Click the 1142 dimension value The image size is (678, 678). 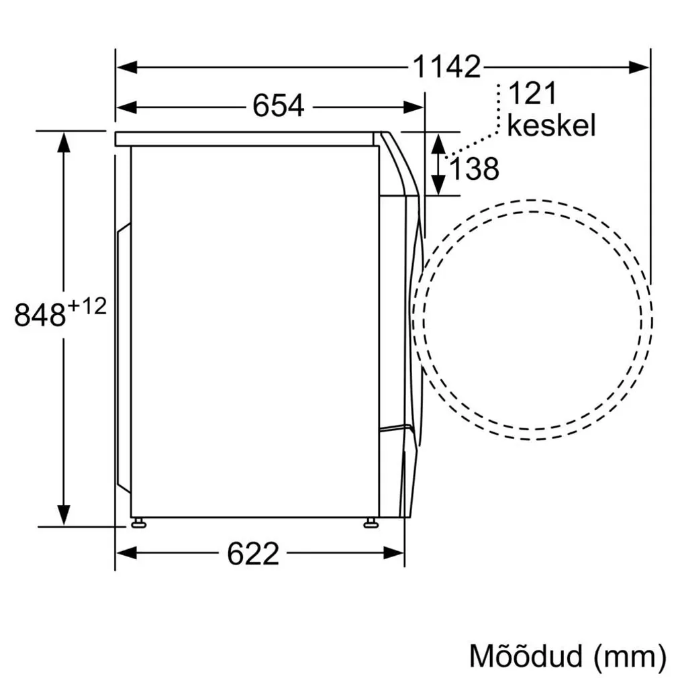pos(446,67)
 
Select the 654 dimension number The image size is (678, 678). pos(278,106)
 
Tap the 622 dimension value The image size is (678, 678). pos(252,553)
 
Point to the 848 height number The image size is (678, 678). pos(40,315)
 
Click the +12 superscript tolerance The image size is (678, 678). pos(87,306)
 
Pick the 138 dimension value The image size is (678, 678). pos(474,169)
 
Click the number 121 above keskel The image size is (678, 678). pos(532,94)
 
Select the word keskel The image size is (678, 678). pos(551,126)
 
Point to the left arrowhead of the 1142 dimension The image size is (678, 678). pos(126,67)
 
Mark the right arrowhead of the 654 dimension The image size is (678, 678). pos(414,107)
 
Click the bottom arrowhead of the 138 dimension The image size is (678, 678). pos(438,185)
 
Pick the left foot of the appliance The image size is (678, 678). pos(139,523)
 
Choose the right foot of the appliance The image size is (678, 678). pos(370,523)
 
